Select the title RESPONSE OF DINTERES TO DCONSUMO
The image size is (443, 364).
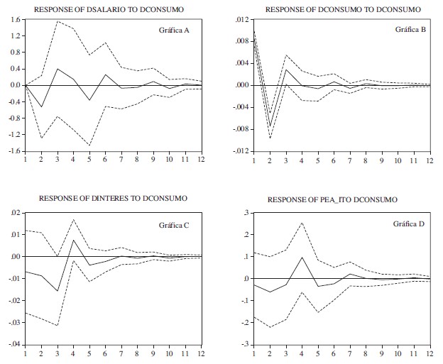click(114, 198)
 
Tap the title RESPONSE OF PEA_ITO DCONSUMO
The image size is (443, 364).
click(333, 200)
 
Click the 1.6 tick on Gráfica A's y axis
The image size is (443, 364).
click(15, 18)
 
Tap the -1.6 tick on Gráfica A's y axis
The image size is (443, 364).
click(13, 151)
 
